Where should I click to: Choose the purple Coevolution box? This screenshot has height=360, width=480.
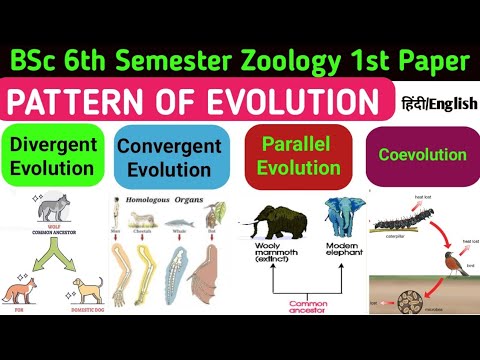click(x=423, y=155)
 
